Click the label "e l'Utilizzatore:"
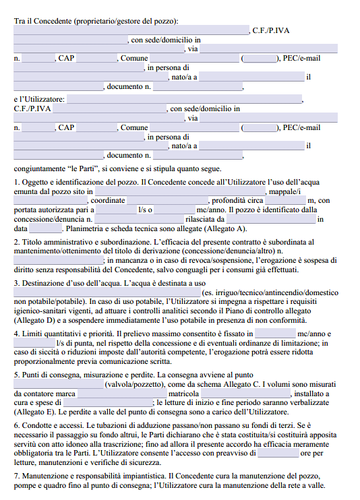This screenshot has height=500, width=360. point(39,99)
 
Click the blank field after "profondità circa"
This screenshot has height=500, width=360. point(285,200)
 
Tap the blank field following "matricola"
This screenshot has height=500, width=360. point(245,393)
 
